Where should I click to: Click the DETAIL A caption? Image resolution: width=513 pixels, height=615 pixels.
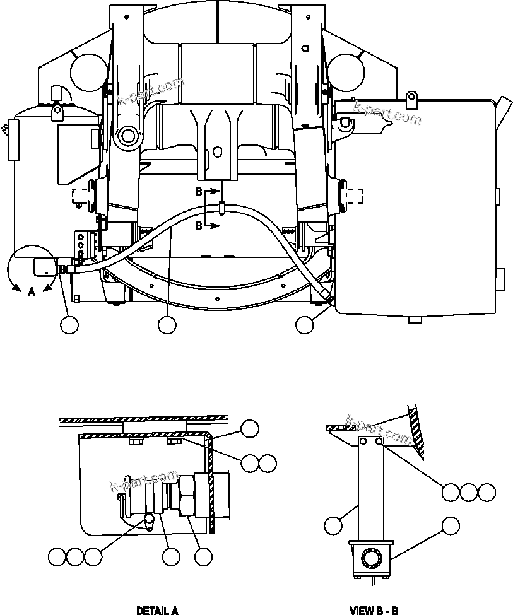click(157, 610)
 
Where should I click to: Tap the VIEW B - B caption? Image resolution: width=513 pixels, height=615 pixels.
click(374, 610)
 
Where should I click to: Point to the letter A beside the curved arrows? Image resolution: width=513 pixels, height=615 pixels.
click(31, 291)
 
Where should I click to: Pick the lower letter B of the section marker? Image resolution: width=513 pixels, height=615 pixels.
click(198, 226)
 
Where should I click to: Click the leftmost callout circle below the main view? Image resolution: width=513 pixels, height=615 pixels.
click(69, 325)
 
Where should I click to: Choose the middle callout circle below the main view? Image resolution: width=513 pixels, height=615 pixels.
click(167, 325)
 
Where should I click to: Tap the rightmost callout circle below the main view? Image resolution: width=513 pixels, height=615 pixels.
click(305, 325)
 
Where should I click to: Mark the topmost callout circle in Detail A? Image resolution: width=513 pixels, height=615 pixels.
click(250, 429)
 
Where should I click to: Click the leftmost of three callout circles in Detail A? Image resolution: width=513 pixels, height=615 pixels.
click(57, 556)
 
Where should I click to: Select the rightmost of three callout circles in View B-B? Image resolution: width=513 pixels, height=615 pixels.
click(486, 492)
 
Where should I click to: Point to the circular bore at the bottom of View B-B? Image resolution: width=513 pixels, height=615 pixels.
click(370, 558)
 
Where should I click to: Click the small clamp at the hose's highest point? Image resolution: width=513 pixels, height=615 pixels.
click(221, 208)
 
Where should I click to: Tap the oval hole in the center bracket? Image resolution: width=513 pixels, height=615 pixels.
click(217, 151)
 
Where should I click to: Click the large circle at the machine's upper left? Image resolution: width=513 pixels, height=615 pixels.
click(86, 71)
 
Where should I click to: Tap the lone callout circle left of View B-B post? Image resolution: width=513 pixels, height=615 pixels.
click(334, 525)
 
